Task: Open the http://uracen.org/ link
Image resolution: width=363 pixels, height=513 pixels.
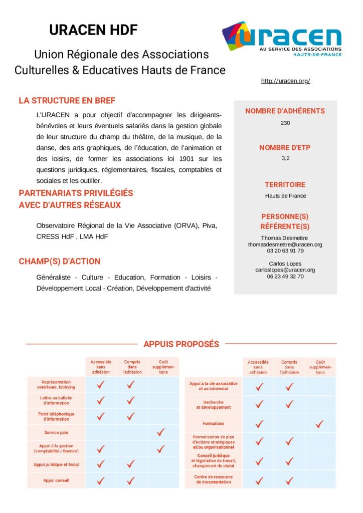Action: [x=285, y=81]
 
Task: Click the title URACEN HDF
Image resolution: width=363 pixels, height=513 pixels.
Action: [x=93, y=30]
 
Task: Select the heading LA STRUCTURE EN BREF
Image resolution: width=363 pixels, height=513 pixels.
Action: [x=67, y=101]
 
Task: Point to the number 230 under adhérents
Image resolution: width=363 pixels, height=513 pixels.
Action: [x=285, y=123]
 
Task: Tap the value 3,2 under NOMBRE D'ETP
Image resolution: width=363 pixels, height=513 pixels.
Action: [x=285, y=158]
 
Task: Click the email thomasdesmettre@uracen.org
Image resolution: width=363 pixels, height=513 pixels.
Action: [x=285, y=244]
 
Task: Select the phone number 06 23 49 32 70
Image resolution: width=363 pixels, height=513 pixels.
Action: [x=285, y=276]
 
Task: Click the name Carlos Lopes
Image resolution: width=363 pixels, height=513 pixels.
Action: [x=285, y=264]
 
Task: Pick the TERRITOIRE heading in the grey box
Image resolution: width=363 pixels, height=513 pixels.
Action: [x=285, y=185]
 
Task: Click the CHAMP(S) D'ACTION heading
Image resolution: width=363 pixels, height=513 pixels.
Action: [x=59, y=261]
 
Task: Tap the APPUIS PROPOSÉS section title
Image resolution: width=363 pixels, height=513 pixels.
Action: [x=181, y=344]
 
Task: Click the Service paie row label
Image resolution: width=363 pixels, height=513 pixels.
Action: [x=56, y=432]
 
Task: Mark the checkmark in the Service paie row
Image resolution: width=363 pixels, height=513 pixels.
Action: [x=160, y=432]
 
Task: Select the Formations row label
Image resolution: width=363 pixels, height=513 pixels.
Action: [x=213, y=424]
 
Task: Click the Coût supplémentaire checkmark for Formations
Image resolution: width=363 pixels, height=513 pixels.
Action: [x=319, y=424]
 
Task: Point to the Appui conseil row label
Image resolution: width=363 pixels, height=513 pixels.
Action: [x=56, y=480]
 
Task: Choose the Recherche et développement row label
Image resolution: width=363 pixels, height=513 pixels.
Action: [x=213, y=405]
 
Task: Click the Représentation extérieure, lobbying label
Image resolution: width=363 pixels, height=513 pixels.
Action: [x=56, y=384]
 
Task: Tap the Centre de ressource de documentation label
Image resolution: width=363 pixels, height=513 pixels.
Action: [x=213, y=479]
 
